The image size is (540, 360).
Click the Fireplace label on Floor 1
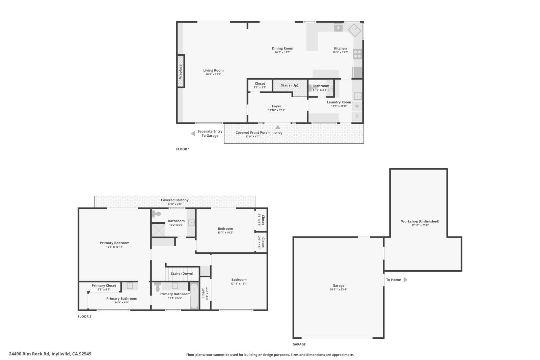click(x=181, y=72)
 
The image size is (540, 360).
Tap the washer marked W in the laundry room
click(x=357, y=106)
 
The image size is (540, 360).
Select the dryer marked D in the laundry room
click(x=357, y=117)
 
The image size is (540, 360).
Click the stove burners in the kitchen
click(x=357, y=54)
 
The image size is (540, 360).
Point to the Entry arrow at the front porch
click(x=277, y=128)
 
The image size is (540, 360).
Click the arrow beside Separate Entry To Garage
click(x=193, y=134)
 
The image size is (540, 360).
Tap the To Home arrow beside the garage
click(x=405, y=280)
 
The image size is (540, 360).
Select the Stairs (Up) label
click(x=289, y=85)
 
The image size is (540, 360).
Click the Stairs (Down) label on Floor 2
click(x=182, y=274)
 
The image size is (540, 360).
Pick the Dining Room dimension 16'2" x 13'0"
click(x=282, y=52)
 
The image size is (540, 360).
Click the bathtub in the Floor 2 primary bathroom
click(x=194, y=296)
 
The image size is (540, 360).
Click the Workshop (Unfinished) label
click(x=420, y=221)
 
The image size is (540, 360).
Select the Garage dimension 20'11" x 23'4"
click(x=338, y=289)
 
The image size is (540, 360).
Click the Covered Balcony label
click(x=174, y=200)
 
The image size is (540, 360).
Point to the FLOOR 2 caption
click(x=84, y=316)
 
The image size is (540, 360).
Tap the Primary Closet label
click(x=104, y=285)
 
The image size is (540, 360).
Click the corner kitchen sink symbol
click(x=354, y=30)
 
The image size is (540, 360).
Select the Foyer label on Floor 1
click(x=276, y=106)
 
